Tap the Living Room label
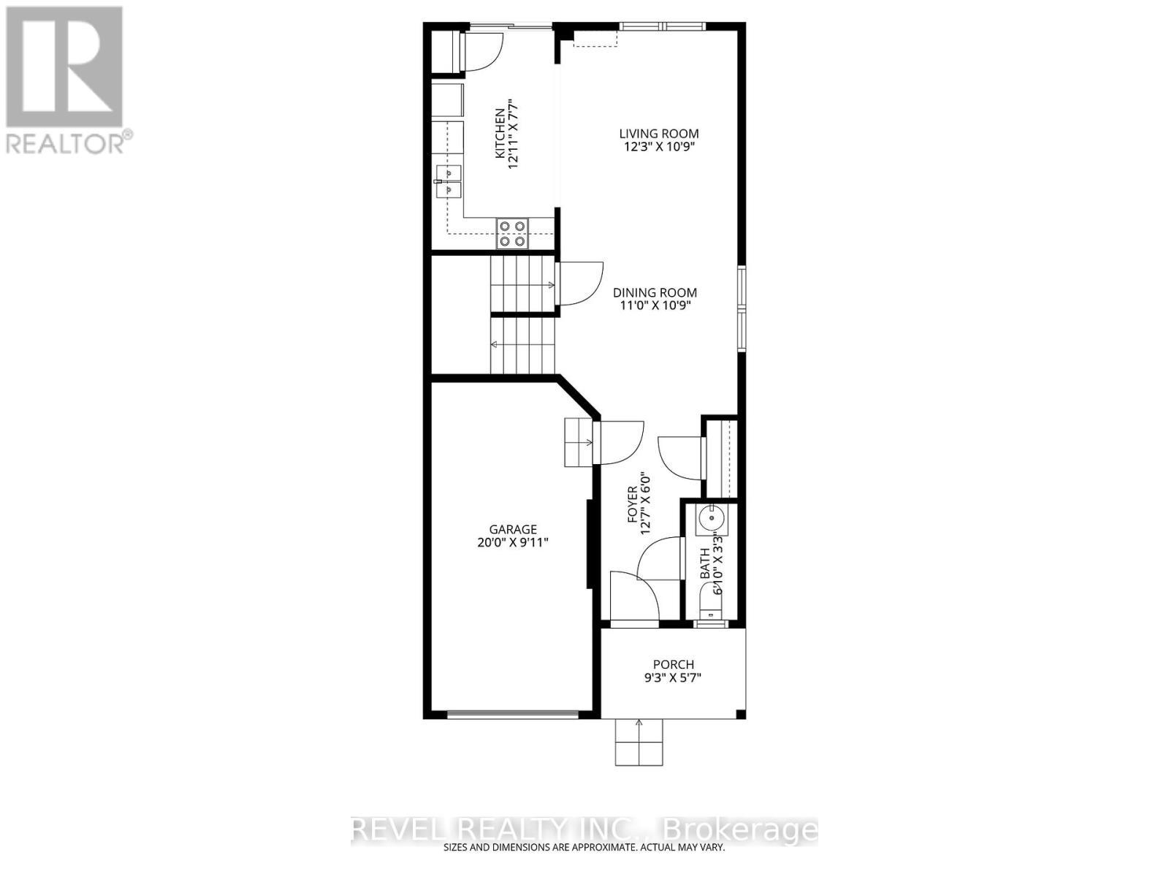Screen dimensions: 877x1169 tap(658, 134)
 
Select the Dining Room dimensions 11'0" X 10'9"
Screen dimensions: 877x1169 tap(654, 305)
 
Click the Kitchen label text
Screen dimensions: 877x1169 tap(500, 134)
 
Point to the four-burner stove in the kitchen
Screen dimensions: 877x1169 tap(511, 233)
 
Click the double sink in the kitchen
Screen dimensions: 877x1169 tap(447, 181)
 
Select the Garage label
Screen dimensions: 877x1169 tap(513, 529)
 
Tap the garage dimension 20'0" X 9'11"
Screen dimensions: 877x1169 tap(513, 542)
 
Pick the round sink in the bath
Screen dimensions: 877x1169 tap(710, 518)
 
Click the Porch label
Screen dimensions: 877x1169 tap(673, 664)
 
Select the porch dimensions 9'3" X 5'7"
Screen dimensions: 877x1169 tap(673, 677)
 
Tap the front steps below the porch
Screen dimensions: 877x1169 tap(639, 742)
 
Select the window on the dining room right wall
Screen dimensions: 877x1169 tap(741, 309)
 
